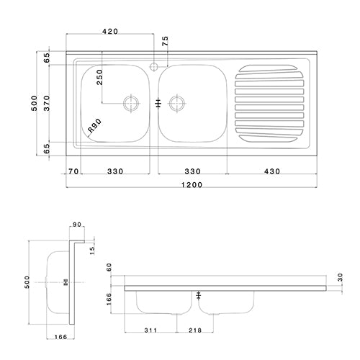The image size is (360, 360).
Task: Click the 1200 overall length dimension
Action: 192,185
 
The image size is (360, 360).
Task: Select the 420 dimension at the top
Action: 110,32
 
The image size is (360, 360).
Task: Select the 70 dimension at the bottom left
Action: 72,171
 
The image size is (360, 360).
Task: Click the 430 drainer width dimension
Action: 271,171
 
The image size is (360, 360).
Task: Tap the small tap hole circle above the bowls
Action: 154,66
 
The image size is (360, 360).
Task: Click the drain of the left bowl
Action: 131,102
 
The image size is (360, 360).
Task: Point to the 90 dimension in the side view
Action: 77,226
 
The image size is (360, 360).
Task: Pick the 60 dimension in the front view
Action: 110,267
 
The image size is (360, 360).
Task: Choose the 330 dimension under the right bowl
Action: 192,171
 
